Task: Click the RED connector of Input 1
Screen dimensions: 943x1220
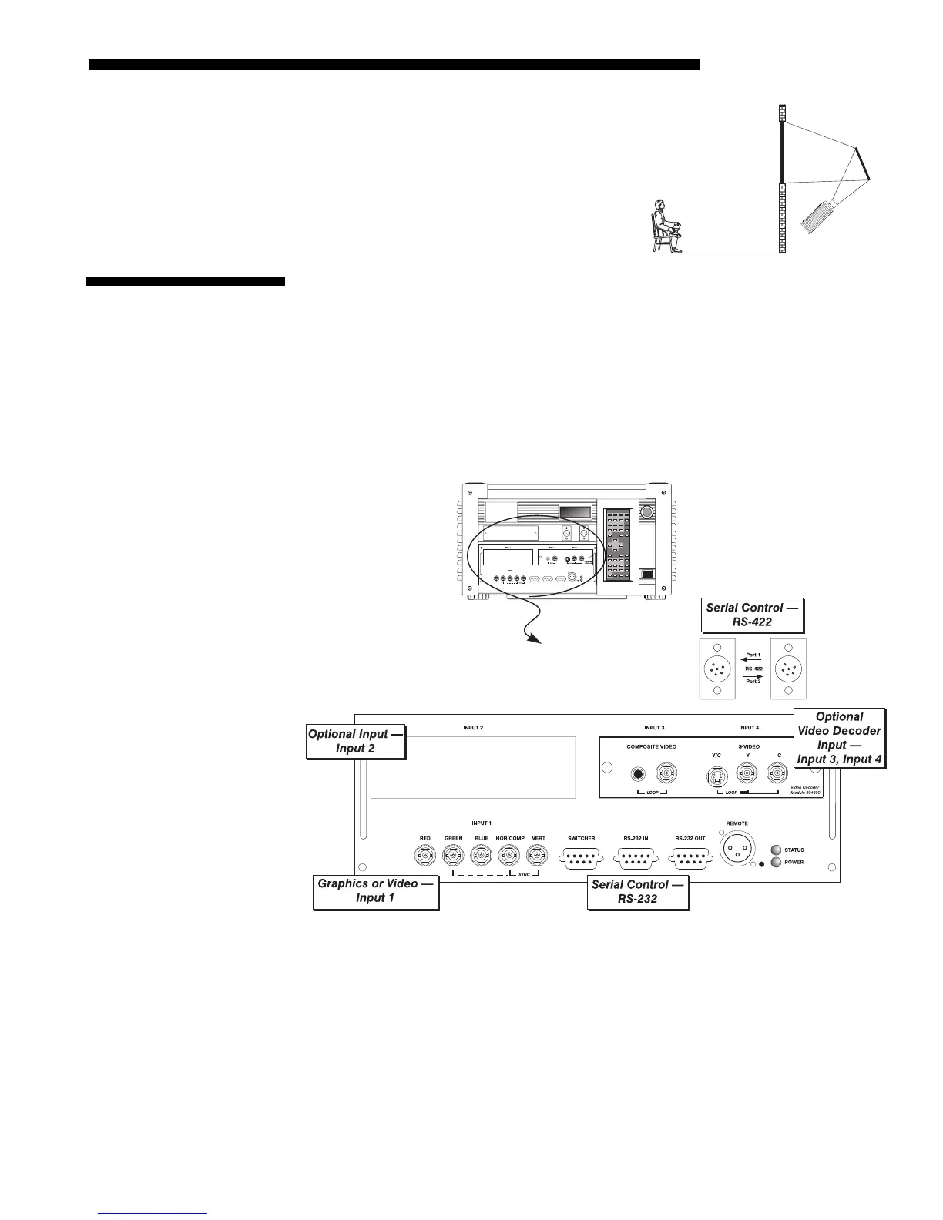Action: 425,855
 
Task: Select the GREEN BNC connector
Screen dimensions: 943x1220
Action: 453,855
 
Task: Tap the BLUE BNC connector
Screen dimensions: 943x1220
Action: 482,855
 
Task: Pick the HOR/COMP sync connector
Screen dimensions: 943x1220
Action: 510,855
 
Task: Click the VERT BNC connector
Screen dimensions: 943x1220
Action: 538,855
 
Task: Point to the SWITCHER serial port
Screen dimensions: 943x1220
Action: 581,856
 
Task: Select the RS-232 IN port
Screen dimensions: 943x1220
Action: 636,856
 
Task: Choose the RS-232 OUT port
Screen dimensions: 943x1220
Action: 690,856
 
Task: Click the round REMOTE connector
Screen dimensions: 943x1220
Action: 737,850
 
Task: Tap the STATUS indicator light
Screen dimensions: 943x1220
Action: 777,850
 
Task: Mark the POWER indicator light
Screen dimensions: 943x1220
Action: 777,862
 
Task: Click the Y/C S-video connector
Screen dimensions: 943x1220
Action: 716,776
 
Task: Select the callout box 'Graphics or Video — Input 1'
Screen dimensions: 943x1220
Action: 376,891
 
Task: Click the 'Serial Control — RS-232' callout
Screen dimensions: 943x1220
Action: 638,892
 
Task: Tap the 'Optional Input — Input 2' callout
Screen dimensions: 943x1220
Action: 356,741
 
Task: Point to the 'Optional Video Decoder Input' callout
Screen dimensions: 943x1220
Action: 839,739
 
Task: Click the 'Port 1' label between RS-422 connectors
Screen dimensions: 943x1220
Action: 753,655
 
